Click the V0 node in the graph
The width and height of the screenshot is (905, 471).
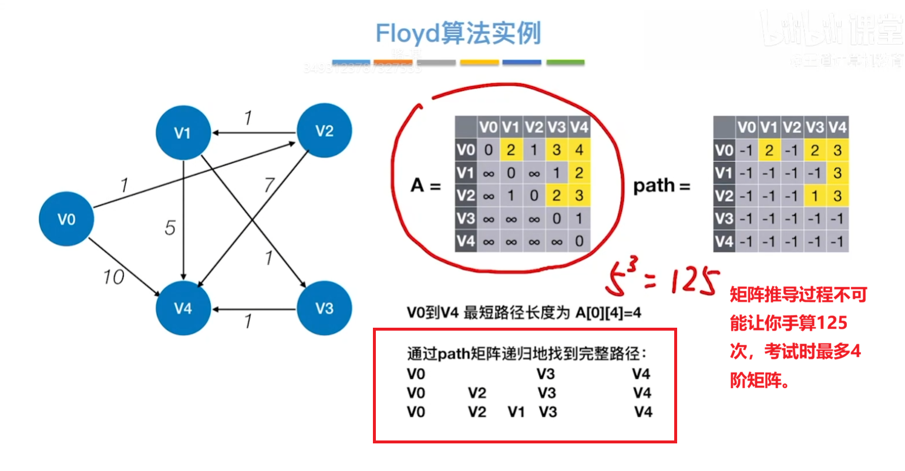point(66,219)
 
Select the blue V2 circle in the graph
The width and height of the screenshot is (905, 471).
point(324,131)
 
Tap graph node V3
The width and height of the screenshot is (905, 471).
point(324,308)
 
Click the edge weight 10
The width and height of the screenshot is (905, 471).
point(113,277)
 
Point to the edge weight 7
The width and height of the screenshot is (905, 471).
point(268,185)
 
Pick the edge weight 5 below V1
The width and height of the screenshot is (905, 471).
point(170,227)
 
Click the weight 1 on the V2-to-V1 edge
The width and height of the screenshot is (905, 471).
point(248,118)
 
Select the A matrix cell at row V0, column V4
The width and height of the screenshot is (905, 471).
point(579,150)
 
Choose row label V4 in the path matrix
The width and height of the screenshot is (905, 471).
point(724,241)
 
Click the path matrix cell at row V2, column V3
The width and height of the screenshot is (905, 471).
point(815,196)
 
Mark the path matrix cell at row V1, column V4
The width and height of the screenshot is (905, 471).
point(837,173)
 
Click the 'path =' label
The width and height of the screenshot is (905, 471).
point(661,186)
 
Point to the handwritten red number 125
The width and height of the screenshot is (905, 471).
point(690,282)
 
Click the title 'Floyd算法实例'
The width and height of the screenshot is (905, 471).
point(457,33)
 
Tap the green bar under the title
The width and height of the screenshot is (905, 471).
point(565,62)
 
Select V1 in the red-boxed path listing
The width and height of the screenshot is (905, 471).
point(516,412)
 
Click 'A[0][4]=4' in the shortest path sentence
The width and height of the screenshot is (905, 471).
point(608,313)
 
